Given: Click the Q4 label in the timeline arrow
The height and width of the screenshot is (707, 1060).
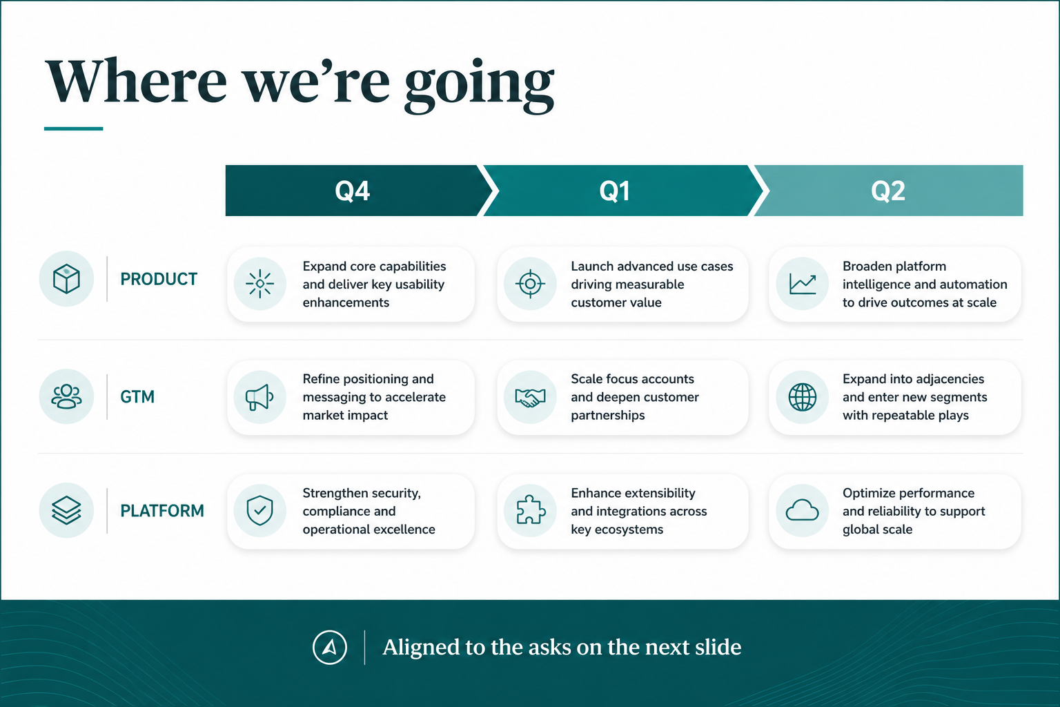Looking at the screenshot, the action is (352, 191).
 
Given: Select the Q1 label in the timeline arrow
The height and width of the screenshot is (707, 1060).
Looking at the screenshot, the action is (614, 191).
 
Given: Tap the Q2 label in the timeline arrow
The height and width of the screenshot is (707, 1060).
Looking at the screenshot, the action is (887, 191).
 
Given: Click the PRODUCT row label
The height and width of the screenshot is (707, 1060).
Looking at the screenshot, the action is (159, 279).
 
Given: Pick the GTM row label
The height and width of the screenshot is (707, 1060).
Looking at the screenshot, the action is (137, 396).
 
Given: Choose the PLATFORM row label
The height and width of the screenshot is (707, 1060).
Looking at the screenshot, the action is (162, 510).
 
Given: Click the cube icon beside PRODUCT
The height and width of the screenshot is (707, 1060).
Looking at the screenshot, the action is (66, 278).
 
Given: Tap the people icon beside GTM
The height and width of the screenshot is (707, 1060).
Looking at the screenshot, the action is (66, 396).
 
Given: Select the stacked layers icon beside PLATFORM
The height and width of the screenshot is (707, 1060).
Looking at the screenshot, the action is (66, 510).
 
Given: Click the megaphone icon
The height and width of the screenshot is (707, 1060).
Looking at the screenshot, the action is (259, 397).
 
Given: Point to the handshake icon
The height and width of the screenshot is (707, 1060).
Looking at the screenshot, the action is (530, 397).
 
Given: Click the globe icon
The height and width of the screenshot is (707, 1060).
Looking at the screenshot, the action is (802, 397).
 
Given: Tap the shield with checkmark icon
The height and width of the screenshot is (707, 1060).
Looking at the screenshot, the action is (259, 510).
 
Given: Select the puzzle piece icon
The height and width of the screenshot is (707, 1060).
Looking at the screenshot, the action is (531, 510).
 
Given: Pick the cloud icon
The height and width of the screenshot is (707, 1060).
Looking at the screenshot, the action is (802, 510).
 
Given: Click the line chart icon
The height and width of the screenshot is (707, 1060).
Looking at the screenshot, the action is (802, 284).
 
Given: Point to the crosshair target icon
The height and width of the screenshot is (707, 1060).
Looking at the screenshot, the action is (531, 284).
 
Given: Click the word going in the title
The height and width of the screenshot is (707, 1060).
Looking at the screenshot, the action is (479, 84).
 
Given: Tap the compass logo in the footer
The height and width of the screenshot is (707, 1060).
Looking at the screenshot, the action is (330, 648).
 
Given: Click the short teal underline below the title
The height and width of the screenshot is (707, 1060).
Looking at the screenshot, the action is (73, 128).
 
